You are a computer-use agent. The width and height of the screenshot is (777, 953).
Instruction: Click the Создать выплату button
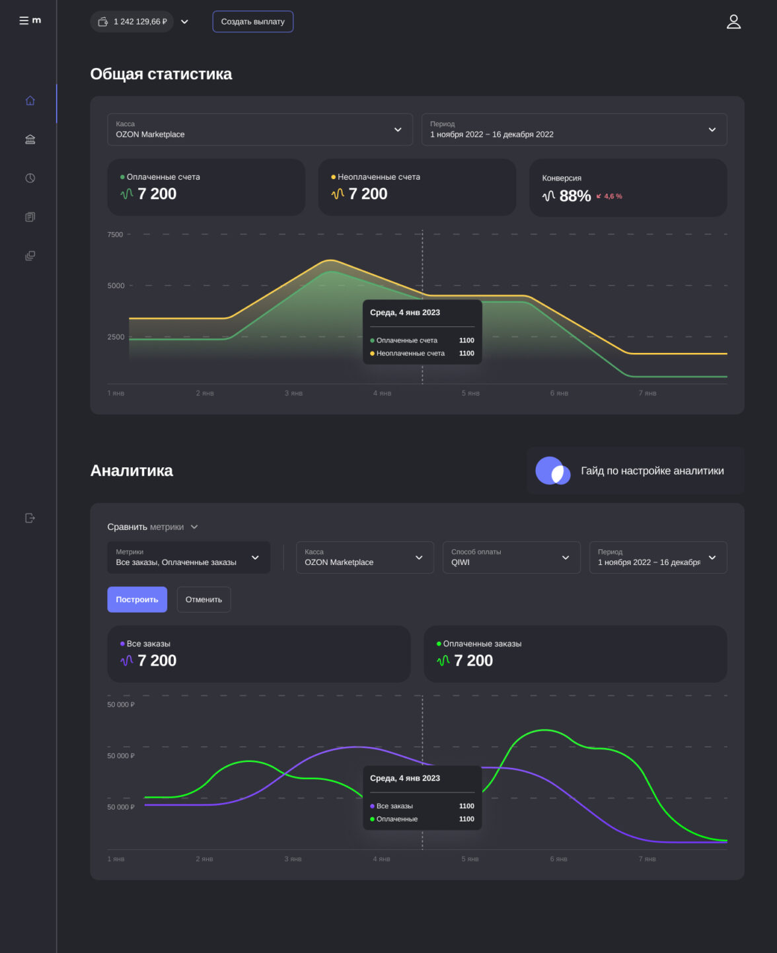252,22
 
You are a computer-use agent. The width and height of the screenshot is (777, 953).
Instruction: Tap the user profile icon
733,22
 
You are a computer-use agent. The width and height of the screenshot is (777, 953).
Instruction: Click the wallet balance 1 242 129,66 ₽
132,22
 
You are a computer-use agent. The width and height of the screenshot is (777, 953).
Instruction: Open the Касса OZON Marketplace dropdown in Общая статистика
260,130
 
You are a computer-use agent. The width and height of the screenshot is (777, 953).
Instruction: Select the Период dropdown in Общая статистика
573,130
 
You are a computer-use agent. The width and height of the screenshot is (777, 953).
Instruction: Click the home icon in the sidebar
30,100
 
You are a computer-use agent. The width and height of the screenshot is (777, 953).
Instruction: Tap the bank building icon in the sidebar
30,139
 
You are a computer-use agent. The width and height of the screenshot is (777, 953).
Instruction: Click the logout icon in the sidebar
30,518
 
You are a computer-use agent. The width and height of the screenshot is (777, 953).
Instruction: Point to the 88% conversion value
575,196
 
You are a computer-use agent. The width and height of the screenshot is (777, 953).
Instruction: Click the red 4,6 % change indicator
609,196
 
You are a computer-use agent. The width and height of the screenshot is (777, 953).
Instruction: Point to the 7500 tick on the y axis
115,235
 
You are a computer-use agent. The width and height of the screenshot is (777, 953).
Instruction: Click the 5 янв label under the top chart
470,393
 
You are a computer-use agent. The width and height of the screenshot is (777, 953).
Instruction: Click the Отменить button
203,599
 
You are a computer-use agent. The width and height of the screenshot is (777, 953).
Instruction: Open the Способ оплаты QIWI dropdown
511,557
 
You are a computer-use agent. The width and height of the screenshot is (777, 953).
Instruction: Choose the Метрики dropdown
188,557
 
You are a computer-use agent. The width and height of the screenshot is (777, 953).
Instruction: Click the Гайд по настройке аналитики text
652,471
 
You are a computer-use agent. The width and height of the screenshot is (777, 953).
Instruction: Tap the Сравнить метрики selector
152,527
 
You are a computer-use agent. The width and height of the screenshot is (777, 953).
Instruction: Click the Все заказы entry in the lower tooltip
394,806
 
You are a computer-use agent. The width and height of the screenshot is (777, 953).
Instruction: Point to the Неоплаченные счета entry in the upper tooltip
410,354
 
